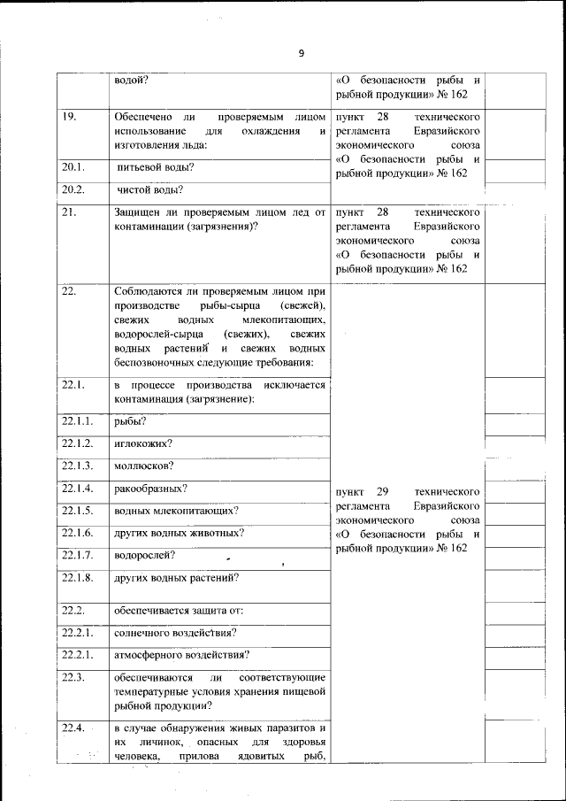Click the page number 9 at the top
(301, 53)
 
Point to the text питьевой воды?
(156, 167)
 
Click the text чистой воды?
(150, 189)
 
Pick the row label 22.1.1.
(78, 421)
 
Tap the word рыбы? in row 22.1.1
(130, 421)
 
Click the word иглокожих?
(143, 443)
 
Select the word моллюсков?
(144, 466)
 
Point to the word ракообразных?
(150, 489)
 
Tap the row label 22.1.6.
(78, 533)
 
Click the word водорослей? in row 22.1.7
(145, 556)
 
